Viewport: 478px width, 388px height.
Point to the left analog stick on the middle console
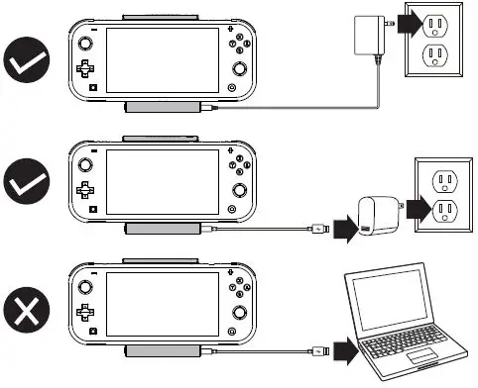[x=87, y=162]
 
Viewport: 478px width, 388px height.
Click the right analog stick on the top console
[x=239, y=69]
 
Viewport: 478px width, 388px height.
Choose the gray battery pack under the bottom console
[x=163, y=352]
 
